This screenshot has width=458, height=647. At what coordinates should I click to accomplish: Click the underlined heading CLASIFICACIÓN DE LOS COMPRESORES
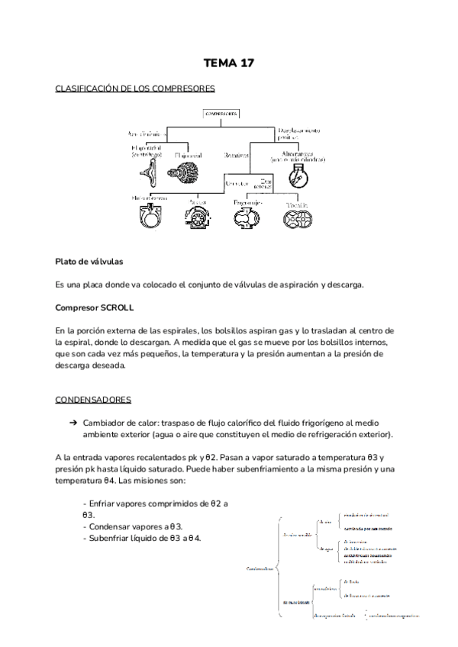coord(129,89)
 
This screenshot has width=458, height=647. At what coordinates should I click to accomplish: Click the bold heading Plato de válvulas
coord(89,261)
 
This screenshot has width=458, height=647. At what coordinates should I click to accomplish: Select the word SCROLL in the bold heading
coord(118,307)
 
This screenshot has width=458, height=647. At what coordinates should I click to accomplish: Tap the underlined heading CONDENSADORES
coord(93,399)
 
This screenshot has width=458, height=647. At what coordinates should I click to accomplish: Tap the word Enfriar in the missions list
coord(102,504)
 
